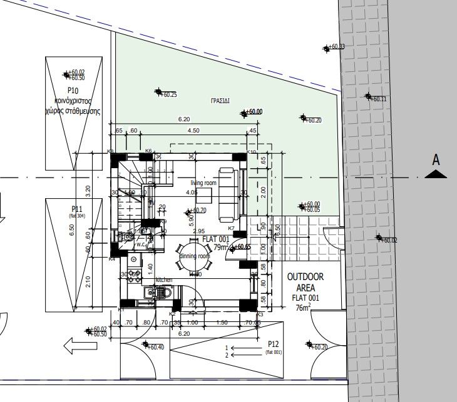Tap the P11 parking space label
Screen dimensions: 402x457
(78, 209)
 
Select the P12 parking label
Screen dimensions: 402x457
(272, 344)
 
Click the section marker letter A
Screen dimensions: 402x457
(436, 160)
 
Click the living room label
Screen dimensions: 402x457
(203, 183)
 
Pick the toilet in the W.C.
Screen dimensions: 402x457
(129, 236)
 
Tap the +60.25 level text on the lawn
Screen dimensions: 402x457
(168, 95)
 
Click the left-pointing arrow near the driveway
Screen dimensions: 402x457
(74, 344)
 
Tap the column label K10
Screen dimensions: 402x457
(252, 152)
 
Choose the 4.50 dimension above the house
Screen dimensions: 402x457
(194, 131)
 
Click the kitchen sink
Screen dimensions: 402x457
(150, 293)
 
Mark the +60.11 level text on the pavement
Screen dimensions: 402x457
(379, 99)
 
